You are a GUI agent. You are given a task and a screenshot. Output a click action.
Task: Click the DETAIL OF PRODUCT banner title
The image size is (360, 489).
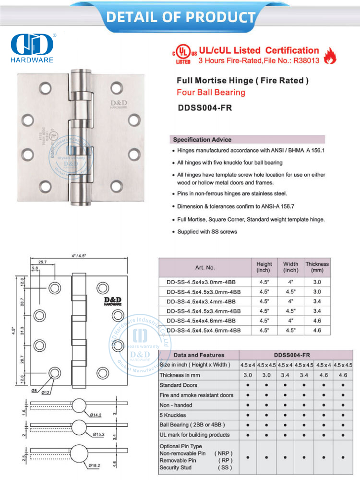tap(180, 17)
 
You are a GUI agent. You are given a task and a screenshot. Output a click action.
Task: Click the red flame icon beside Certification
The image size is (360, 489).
tap(330, 56)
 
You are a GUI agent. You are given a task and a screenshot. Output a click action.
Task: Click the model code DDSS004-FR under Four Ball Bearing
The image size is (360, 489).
tap(204, 108)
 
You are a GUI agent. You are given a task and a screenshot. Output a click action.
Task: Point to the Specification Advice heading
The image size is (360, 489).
tap(202, 140)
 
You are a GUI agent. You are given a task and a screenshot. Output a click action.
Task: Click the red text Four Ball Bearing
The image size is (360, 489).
tap(211, 92)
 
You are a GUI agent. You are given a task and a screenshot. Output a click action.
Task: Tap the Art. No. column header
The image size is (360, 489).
tap(205, 267)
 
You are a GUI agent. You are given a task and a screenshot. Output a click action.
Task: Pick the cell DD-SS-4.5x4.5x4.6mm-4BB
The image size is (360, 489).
tap(204, 331)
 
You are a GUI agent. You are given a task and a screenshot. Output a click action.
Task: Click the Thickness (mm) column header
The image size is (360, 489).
tap(317, 267)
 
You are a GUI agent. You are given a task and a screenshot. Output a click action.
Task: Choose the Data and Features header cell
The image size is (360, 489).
tap(199, 355)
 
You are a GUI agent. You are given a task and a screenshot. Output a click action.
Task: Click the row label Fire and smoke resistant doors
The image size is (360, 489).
tap(197, 395)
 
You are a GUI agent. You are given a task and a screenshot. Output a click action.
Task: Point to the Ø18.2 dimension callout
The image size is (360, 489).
tap(95, 465)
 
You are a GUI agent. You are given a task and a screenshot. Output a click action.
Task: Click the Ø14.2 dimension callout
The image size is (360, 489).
tap(95, 414)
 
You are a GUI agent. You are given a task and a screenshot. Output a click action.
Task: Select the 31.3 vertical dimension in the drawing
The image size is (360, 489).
tap(23, 331)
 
